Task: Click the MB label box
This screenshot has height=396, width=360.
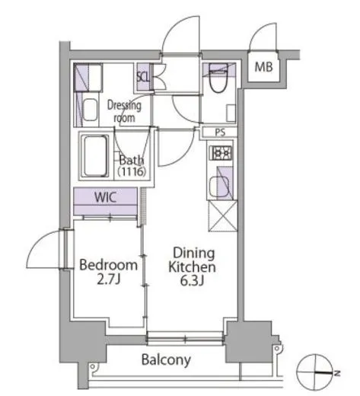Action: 263,67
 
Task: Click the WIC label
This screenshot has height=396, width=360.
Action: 105,197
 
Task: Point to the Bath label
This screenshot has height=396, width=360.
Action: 130,160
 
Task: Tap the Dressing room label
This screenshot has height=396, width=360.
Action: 124,111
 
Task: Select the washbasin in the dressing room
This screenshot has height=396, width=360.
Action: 90,107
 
